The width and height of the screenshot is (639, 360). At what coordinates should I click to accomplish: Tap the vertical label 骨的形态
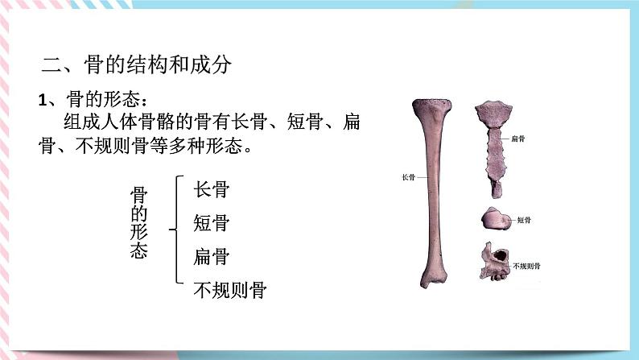[x=138, y=223]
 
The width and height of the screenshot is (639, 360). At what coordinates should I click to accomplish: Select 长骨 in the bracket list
[x=212, y=189]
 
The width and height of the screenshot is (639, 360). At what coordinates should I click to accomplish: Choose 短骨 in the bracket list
[x=212, y=222]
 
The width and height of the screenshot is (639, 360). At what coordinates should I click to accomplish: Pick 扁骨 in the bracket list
[x=212, y=256]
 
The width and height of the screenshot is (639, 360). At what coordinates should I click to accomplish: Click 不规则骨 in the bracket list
[x=230, y=290]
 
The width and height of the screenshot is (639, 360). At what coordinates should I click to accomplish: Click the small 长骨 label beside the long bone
[x=408, y=177]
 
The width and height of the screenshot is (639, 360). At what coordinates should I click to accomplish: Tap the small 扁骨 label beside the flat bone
[x=519, y=139]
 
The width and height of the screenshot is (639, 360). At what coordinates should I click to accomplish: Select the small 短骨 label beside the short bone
[x=523, y=219]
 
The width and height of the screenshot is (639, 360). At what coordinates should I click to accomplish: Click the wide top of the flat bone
[x=493, y=112]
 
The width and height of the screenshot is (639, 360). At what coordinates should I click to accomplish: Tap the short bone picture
[x=496, y=219]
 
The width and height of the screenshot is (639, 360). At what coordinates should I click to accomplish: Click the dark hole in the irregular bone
[x=501, y=255]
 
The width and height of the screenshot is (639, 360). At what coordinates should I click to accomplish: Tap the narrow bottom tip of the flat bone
[x=497, y=190]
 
